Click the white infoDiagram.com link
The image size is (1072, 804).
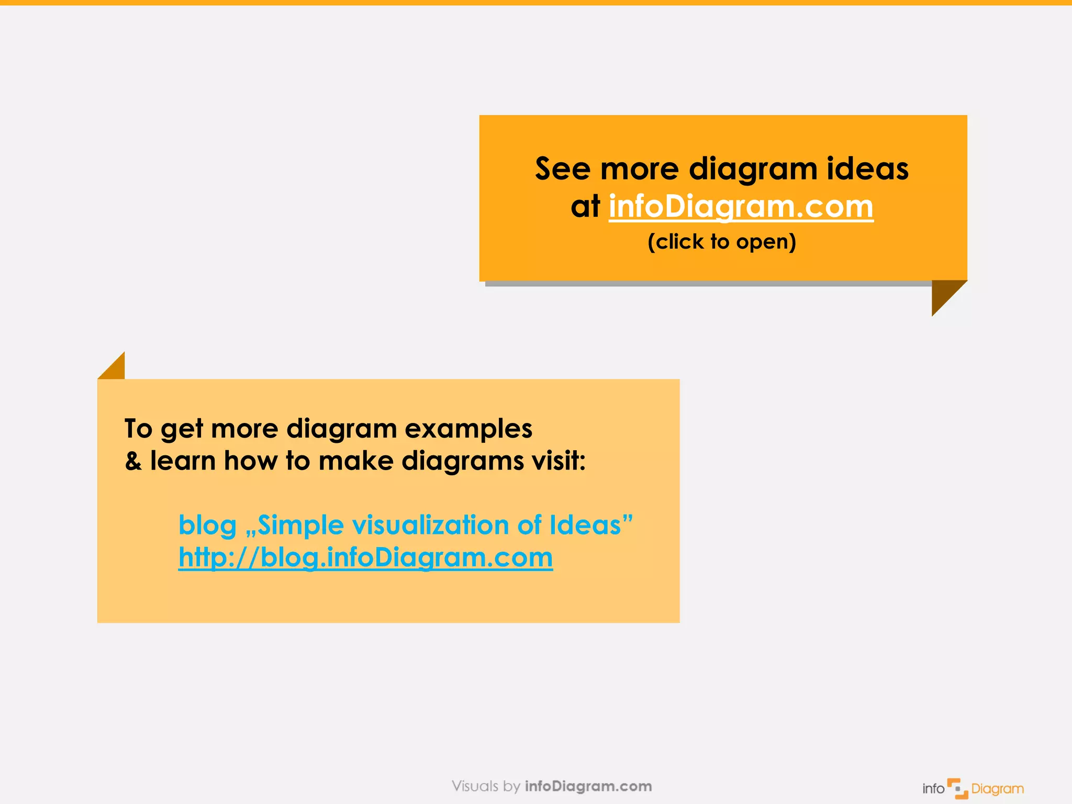[741, 207]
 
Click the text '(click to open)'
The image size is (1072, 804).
[722, 242]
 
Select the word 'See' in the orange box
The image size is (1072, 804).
[562, 169]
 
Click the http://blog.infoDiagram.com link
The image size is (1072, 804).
[365, 557]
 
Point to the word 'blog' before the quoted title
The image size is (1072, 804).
[207, 526]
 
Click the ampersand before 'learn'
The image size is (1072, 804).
[133, 462]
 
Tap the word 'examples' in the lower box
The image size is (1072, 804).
[468, 429]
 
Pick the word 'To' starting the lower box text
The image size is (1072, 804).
[138, 429]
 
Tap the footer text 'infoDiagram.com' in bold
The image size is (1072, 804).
[588, 786]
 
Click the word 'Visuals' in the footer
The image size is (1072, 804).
[475, 786]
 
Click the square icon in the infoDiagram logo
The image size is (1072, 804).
[957, 788]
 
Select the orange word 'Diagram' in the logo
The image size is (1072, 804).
[997, 789]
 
